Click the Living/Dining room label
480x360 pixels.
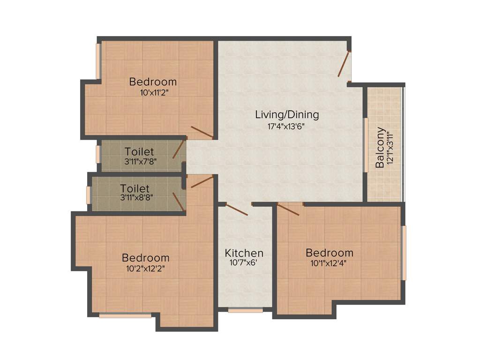pos(287,114)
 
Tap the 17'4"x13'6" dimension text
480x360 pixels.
pos(287,126)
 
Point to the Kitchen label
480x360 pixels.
pos(244,253)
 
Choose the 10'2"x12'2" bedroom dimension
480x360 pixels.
pos(145,269)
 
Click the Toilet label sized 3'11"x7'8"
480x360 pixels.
pos(139,152)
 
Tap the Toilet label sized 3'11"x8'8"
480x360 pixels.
pos(135,188)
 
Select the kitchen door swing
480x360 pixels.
pos(237,210)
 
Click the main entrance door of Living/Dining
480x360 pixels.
pos(345,64)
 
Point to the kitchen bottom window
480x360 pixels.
pos(245,310)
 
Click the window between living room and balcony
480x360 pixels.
pos(366,145)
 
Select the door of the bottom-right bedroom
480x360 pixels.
pos(289,209)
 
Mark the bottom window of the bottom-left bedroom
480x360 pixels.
pos(125,316)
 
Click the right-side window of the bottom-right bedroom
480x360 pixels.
pos(404,253)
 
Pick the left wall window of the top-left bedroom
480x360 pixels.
pos(99,61)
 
